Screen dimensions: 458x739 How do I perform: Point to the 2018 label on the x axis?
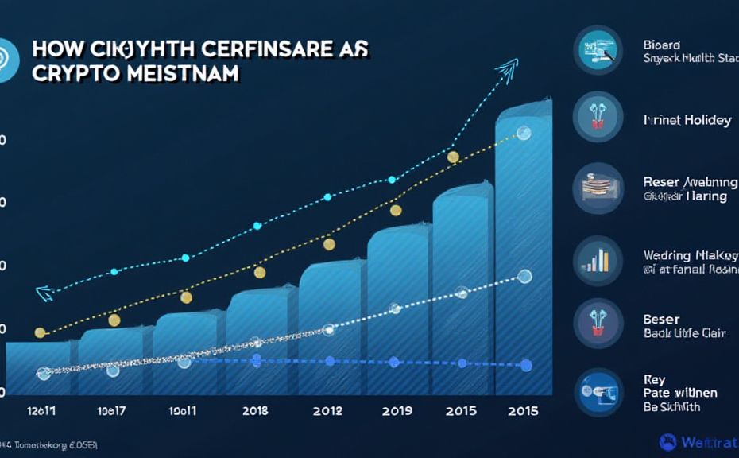pos(254,411)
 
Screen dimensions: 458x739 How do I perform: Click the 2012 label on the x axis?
pos(327,411)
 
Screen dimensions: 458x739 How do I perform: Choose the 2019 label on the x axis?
pos(395,411)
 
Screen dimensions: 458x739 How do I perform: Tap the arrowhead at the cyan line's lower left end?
pos(43,293)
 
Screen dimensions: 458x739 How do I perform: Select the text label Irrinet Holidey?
pos(687,120)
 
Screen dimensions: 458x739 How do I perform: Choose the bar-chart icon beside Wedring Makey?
pos(598,258)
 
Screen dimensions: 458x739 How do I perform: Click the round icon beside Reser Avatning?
pos(598,188)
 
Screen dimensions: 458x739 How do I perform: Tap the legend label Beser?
pos(661,320)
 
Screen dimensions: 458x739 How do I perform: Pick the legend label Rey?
pos(654,380)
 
